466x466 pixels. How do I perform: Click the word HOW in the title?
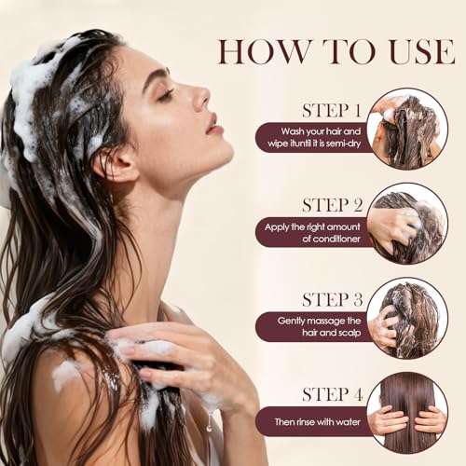tap(265, 51)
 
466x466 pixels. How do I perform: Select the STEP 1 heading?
tap(332, 110)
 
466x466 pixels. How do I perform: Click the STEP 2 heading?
tap(333, 205)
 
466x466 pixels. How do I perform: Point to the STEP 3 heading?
tap(333, 299)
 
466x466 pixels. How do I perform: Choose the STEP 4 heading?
tap(333, 394)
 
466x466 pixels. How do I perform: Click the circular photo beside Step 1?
tap(407, 130)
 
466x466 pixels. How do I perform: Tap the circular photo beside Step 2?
tap(407, 224)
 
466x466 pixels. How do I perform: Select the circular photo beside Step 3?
tap(407, 319)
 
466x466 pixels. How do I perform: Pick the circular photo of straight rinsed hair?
tap(407, 413)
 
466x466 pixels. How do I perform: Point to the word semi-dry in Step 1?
tap(343, 144)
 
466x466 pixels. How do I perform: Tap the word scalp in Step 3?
tap(349, 333)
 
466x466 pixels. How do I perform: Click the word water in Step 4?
tap(348, 422)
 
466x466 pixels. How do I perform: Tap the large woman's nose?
tap(200, 97)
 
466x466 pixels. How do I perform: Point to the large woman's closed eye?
tap(165, 94)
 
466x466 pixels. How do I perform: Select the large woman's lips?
tap(214, 124)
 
